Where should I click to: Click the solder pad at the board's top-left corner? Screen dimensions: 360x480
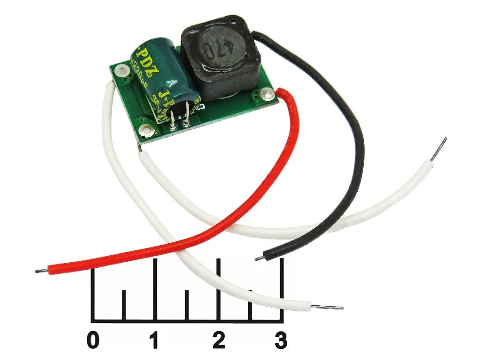(x=122, y=70)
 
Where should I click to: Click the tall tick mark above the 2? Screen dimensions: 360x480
(x=218, y=287)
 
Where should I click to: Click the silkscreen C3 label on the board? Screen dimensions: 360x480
(x=201, y=108)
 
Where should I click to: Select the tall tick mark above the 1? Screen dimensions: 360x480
(x=155, y=287)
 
